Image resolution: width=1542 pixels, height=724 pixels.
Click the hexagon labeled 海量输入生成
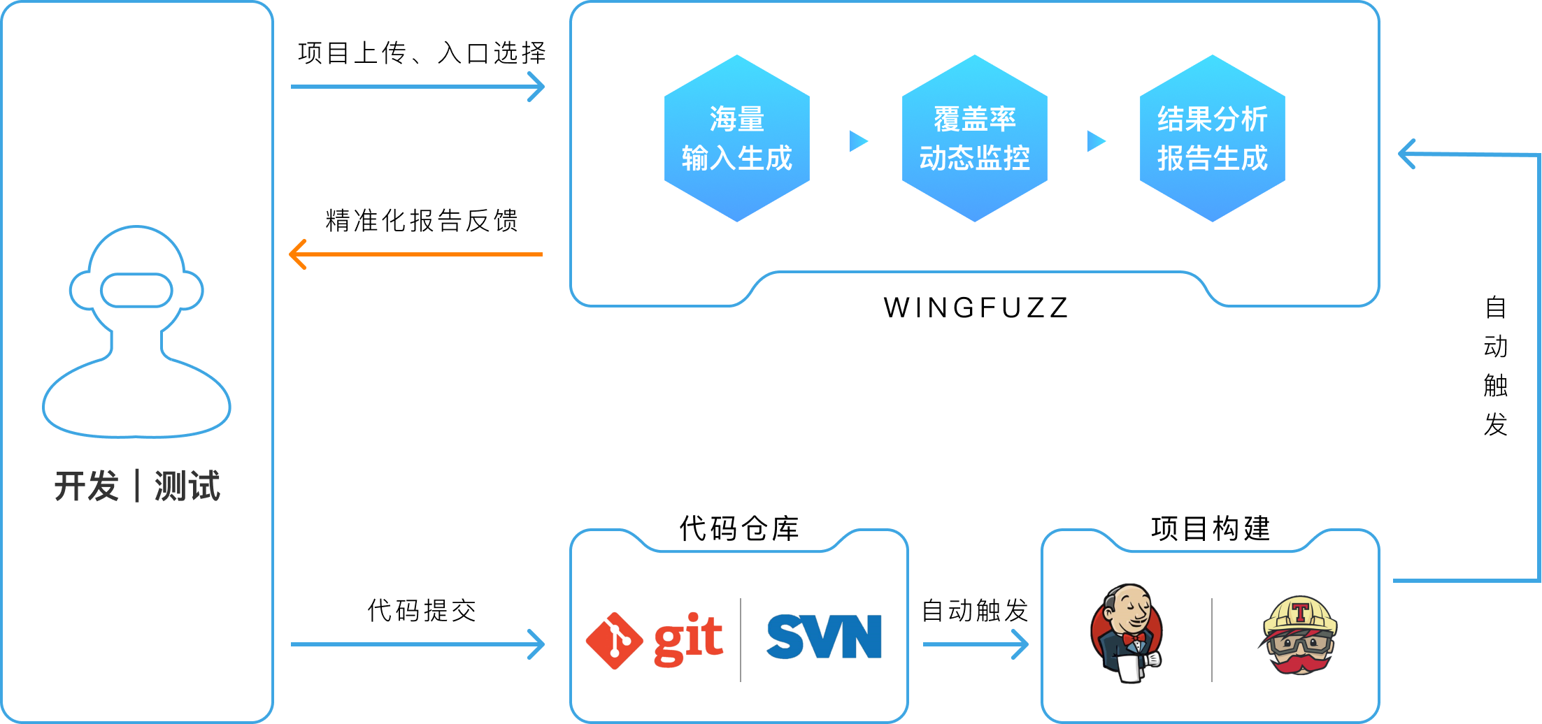click(737, 138)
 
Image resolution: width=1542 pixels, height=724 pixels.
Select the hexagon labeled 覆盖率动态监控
click(975, 138)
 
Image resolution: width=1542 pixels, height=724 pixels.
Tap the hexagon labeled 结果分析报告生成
click(1213, 138)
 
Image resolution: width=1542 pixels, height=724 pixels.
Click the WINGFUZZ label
click(976, 307)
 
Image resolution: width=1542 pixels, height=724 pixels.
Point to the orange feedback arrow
click(416, 254)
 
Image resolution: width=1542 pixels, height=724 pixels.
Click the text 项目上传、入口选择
click(422, 53)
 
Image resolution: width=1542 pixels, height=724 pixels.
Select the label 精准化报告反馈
click(422, 221)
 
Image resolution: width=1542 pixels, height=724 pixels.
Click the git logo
click(654, 640)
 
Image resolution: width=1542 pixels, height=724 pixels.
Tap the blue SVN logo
click(824, 637)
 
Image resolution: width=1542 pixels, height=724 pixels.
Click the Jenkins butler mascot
click(1127, 633)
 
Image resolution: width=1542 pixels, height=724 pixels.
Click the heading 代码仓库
click(739, 528)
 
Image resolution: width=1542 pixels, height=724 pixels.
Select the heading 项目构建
click(1211, 528)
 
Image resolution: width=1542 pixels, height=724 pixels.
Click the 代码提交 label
click(422, 611)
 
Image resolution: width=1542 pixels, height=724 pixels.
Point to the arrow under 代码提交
click(417, 644)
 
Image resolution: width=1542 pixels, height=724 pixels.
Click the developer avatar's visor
click(137, 291)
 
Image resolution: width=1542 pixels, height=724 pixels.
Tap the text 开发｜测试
click(137, 486)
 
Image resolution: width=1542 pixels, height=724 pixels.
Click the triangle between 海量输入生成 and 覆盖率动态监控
click(859, 141)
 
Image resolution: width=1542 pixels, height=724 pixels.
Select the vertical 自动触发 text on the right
click(1496, 366)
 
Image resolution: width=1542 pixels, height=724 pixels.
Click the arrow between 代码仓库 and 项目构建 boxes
click(976, 644)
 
